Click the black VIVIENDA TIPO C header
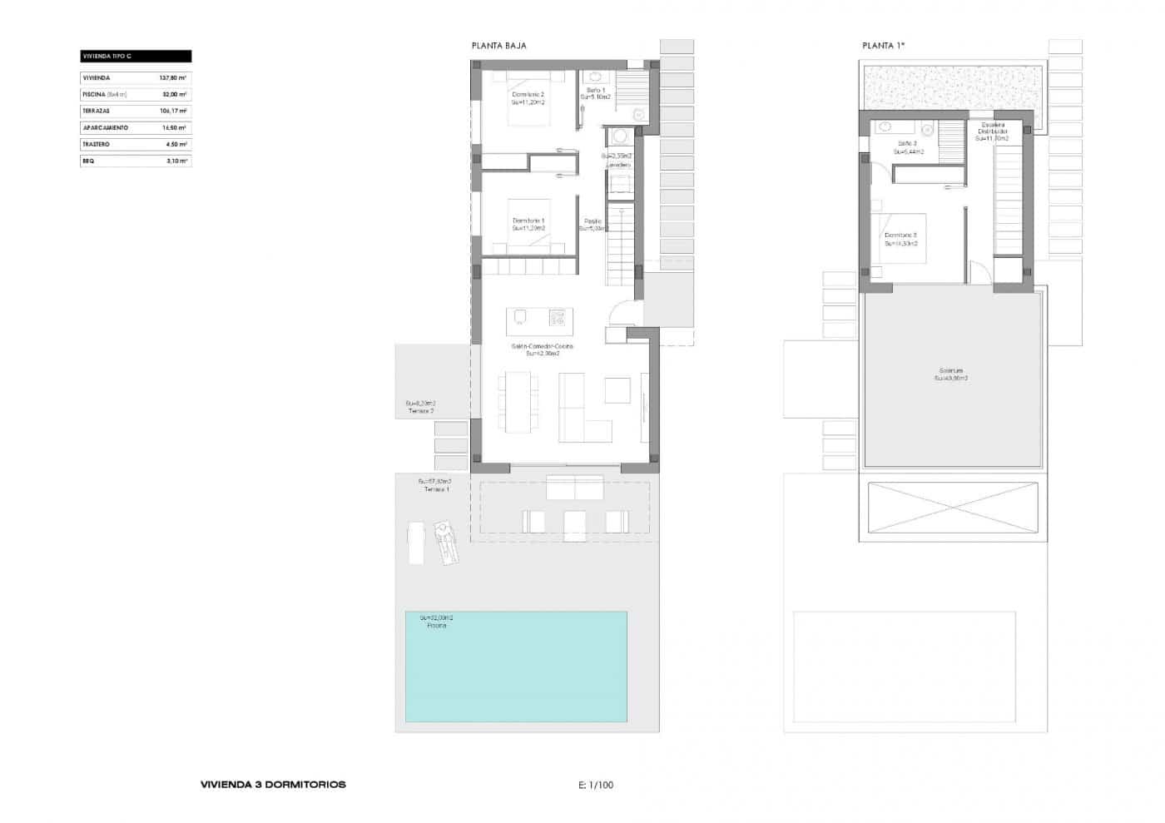135,57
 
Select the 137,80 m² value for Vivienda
173,78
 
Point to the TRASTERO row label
96,145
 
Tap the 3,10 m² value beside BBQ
176,161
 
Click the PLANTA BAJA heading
498,46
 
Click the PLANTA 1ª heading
883,46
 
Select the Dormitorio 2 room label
528,95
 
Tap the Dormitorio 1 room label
528,221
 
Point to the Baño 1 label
596,90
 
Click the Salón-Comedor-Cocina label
543,346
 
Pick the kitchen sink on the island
520,316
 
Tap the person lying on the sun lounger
446,541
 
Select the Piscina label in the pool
436,626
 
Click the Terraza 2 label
421,411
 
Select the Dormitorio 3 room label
900,235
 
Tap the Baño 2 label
905,144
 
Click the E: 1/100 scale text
596,785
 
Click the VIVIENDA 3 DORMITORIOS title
273,785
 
